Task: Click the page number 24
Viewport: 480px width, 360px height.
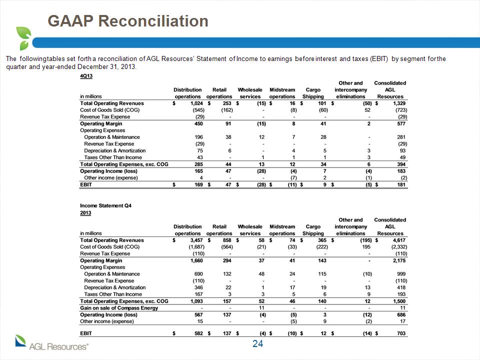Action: click(258, 344)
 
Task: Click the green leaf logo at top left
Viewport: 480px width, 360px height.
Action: click(24, 38)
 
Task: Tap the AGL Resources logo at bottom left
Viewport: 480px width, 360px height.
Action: click(51, 343)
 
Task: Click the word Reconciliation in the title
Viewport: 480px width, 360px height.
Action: click(153, 21)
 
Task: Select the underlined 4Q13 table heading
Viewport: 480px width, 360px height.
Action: click(86, 76)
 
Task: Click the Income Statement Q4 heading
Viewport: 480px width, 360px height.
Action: click(105, 205)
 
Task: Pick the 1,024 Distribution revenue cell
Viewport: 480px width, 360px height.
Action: click(196, 103)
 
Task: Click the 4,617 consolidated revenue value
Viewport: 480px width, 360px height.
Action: click(399, 240)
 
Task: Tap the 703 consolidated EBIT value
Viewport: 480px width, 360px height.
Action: click(401, 333)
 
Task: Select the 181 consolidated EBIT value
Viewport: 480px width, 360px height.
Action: click(401, 184)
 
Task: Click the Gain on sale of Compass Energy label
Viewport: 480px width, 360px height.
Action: click(119, 308)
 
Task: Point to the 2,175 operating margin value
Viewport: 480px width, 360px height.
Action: click(399, 260)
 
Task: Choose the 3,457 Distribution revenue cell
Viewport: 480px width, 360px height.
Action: click(196, 240)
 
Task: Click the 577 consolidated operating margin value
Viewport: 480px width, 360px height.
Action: click(401, 123)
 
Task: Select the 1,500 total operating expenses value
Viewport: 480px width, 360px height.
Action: click(399, 301)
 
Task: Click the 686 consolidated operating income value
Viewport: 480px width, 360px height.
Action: click(401, 314)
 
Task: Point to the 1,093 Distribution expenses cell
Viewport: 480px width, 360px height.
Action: click(196, 301)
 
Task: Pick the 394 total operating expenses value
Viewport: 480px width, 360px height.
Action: click(401, 164)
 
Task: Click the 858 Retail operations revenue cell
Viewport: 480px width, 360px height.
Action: click(227, 240)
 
